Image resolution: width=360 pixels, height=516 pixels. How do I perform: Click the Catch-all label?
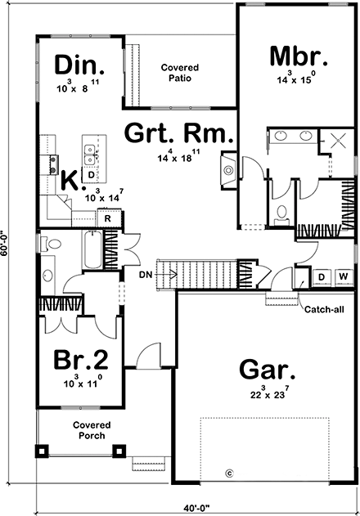tap(317, 309)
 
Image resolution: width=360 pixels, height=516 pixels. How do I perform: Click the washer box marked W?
tap(342, 277)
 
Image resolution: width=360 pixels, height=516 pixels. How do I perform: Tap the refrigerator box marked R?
tap(107, 218)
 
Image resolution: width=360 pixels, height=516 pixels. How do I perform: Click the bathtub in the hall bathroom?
tap(90, 249)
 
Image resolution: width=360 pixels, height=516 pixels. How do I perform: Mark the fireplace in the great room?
tap(228, 170)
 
